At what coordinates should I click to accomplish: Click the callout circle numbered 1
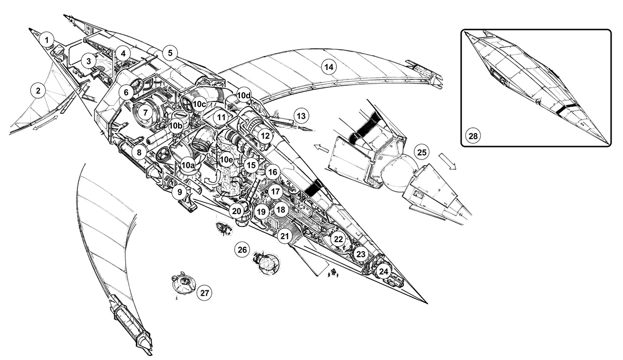coord(47,39)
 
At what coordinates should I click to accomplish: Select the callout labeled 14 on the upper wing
coord(328,66)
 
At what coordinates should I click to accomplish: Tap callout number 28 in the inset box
coord(473,136)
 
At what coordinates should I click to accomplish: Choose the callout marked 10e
coord(226,159)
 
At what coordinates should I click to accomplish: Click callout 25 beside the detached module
coord(422,152)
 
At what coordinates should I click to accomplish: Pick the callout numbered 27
coord(205,293)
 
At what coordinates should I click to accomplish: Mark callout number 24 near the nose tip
coord(383,271)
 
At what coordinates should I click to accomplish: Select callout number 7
coord(145,112)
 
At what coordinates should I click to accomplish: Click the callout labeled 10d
coord(243,96)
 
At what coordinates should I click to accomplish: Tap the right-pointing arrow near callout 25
coord(447,161)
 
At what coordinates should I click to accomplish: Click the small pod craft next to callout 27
coord(183,283)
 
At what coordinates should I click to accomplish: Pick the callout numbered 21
coord(284,236)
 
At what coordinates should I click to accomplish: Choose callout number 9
coord(179,192)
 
